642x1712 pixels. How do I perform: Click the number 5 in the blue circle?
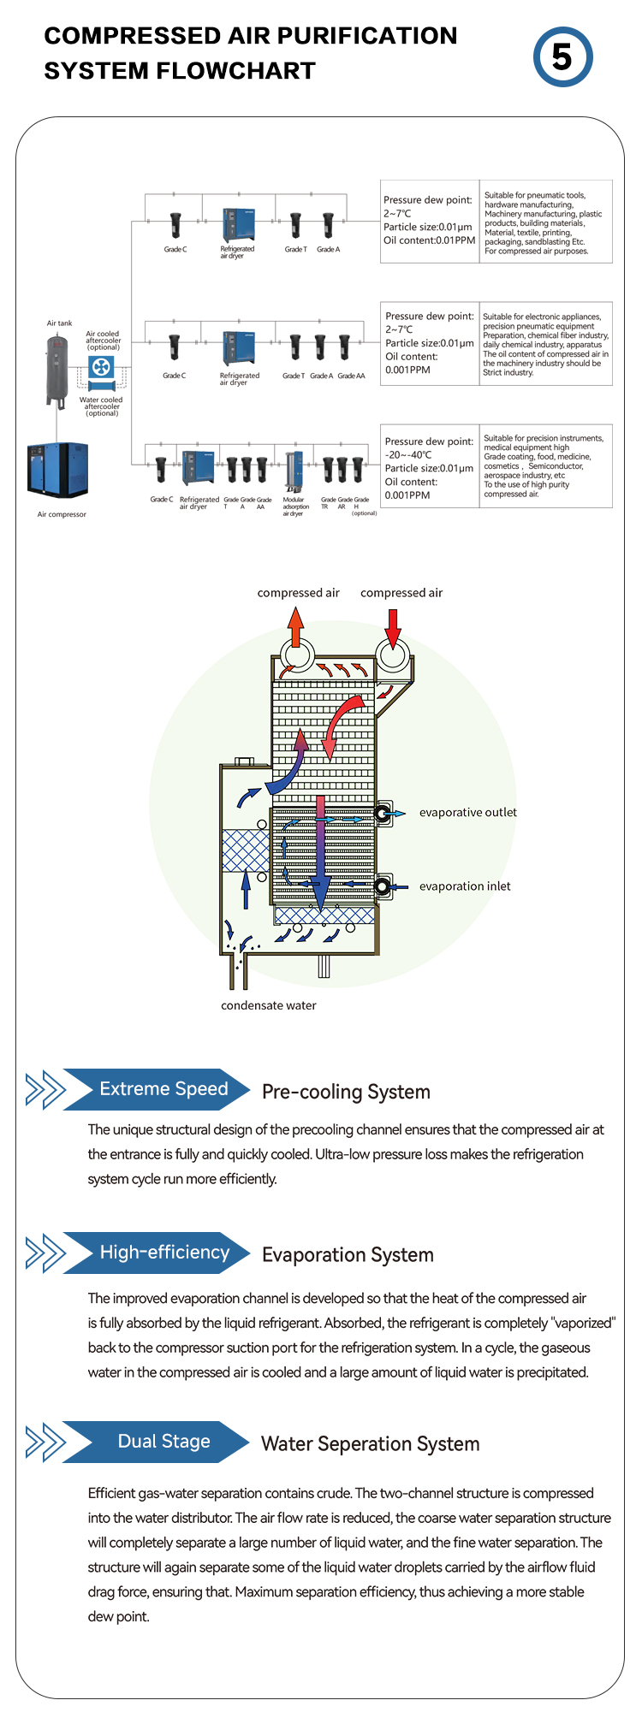click(x=562, y=57)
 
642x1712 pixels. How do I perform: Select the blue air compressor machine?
click(x=57, y=469)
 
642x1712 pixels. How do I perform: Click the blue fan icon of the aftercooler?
click(x=101, y=369)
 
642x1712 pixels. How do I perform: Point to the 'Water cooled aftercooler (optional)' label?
click(x=101, y=406)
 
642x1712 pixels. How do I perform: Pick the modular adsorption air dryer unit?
click(x=294, y=470)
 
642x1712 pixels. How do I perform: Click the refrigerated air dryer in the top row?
click(x=237, y=225)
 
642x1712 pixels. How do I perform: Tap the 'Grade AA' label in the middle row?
click(x=351, y=376)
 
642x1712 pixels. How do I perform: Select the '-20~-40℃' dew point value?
click(x=408, y=455)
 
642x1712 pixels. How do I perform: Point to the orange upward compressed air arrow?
click(x=295, y=629)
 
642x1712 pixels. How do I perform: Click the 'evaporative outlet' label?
click(x=467, y=813)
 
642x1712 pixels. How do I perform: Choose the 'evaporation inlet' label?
click(x=465, y=886)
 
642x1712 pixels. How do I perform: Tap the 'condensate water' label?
click(x=269, y=1005)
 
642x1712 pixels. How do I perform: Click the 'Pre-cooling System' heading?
click(x=346, y=1092)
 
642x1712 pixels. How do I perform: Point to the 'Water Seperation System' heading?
click(x=370, y=1444)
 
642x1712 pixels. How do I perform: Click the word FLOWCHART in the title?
click(x=235, y=71)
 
